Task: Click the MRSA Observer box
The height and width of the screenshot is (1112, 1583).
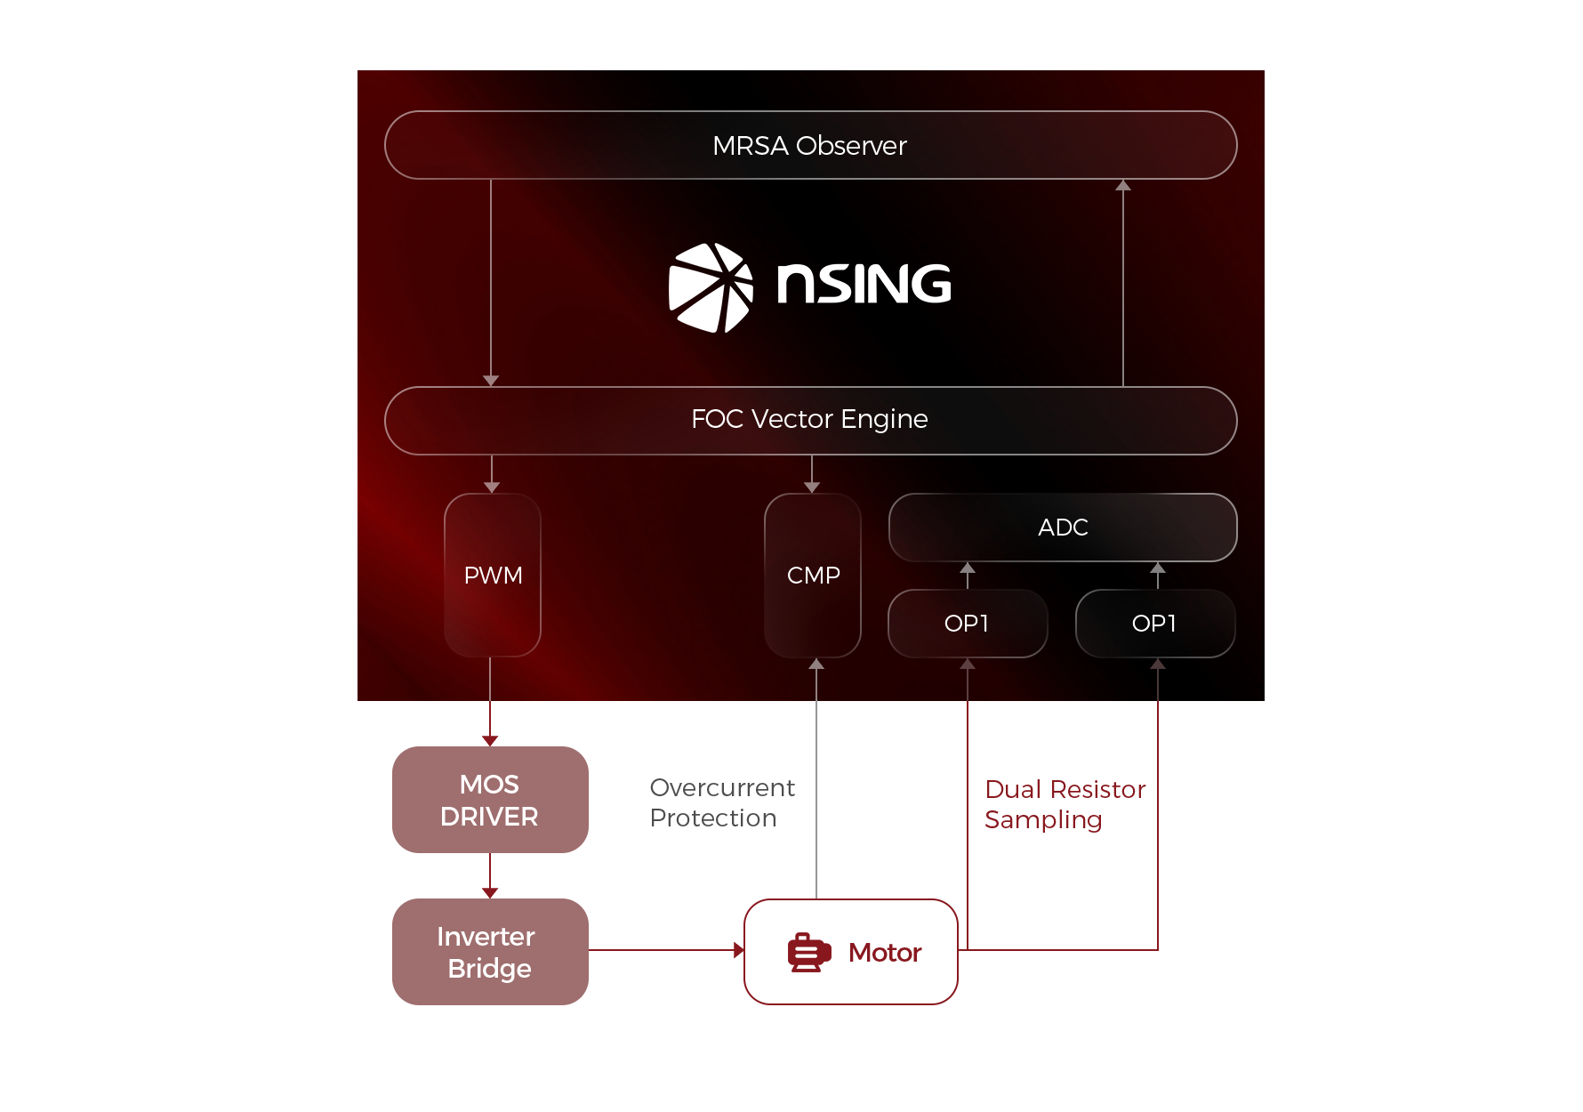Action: click(810, 145)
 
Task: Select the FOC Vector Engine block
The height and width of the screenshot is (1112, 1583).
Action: click(810, 420)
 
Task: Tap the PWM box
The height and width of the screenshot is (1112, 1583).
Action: click(493, 576)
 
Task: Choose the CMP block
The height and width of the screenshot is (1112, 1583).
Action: click(813, 576)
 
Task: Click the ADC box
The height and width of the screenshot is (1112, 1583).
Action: click(1063, 528)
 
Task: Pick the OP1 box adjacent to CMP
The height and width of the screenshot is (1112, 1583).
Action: click(968, 624)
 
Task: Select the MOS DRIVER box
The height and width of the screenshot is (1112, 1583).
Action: click(490, 800)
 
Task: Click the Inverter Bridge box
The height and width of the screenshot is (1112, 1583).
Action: click(490, 952)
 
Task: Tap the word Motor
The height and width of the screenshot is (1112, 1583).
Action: click(885, 953)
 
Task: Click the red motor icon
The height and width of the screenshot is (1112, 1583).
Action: click(808, 953)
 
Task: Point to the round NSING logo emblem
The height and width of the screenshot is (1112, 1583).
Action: click(711, 287)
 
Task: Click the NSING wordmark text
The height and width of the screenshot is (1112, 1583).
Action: click(864, 284)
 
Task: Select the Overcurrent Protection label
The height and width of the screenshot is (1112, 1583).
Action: click(721, 802)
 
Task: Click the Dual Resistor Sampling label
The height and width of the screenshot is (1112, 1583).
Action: click(1065, 804)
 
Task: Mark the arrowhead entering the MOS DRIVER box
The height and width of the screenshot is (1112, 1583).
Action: click(490, 740)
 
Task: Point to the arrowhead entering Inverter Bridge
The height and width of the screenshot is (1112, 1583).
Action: click(490, 892)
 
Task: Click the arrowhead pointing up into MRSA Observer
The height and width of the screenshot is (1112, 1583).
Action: click(1123, 185)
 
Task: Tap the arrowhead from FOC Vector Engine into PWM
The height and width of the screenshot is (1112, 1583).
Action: click(492, 487)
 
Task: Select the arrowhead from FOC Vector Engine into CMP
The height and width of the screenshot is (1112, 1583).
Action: click(812, 487)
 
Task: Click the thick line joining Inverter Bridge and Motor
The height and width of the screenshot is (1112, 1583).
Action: click(666, 950)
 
